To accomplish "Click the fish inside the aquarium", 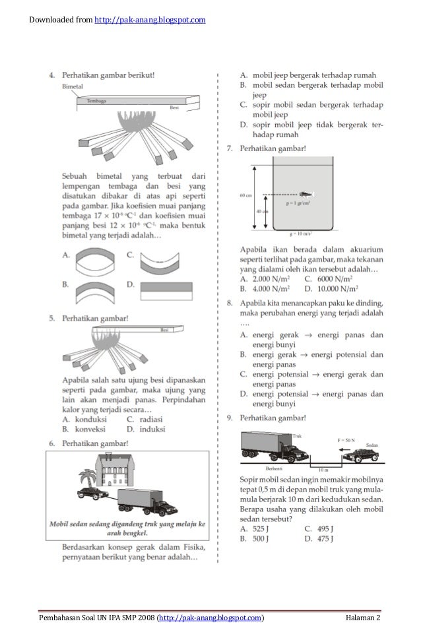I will [x=307, y=194].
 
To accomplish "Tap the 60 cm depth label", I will [x=245, y=196].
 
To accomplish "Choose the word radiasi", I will [x=152, y=418].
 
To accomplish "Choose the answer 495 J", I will [x=323, y=528].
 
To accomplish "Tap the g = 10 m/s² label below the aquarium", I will [x=303, y=234].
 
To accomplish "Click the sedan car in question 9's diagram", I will [x=360, y=455].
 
